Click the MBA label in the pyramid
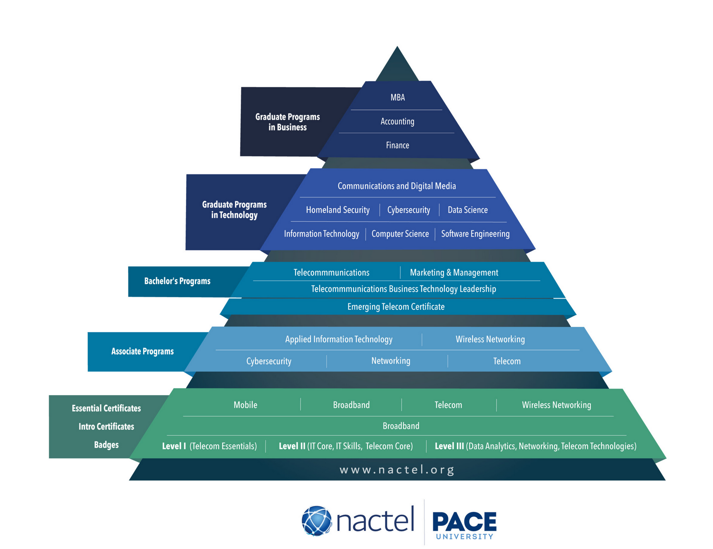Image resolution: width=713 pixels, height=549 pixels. pos(398,97)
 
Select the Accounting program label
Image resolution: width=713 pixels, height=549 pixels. pos(397,121)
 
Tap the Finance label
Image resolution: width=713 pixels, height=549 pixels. pos(398,145)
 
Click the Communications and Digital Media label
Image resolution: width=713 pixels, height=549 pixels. pos(397,186)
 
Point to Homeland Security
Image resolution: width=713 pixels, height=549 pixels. pos(338,210)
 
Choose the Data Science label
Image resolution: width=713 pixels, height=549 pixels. pos(468,210)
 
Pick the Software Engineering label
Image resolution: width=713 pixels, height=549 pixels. pos(475,234)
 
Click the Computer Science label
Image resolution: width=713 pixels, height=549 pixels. pos(400,234)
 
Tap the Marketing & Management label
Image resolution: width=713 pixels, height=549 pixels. pos(454,273)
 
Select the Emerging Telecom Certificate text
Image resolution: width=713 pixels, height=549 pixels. pos(396,306)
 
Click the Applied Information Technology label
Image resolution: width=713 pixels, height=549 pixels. pos(339,339)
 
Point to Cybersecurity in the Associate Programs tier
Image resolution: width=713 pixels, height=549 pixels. pos(269,361)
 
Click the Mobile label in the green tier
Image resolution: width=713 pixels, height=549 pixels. pos(245,405)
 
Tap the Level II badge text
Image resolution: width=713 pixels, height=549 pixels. pos(346,446)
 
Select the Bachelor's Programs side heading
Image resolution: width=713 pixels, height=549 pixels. pos(177,281)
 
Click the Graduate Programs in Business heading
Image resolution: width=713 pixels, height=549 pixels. pos(288,122)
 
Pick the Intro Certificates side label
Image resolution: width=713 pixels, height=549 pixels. pos(106,427)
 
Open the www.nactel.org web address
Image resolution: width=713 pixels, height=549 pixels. pos(397,470)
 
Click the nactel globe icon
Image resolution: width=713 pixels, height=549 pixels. pos(317,521)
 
